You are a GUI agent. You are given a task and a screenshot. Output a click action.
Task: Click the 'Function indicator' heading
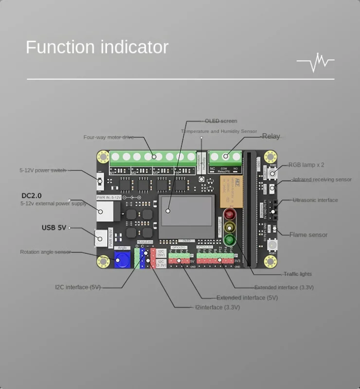click(97, 47)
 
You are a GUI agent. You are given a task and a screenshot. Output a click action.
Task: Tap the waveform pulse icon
click(315, 62)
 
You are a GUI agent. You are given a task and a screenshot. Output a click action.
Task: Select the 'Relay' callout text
click(271, 136)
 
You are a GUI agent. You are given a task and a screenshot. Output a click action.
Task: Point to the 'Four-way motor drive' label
click(108, 137)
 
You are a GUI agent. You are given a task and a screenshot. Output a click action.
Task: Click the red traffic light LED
click(229, 215)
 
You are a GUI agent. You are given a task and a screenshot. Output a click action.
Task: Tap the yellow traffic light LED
click(229, 227)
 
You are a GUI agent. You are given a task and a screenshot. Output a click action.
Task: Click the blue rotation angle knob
click(122, 260)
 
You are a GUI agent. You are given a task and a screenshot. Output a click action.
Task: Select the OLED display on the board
click(187, 211)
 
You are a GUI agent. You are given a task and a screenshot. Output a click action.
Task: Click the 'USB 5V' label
click(54, 227)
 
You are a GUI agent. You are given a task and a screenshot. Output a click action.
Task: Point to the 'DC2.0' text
click(31, 195)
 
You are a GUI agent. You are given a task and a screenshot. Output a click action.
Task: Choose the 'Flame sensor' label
click(308, 235)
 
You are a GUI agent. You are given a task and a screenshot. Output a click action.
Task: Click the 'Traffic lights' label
click(297, 274)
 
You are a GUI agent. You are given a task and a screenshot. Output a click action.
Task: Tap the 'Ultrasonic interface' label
click(315, 200)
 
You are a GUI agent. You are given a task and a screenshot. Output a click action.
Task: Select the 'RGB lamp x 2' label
click(306, 165)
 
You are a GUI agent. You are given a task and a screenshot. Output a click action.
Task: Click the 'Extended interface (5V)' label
click(247, 298)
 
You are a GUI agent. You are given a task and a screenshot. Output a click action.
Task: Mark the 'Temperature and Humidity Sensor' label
click(219, 131)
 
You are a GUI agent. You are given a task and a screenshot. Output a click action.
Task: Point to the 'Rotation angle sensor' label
click(45, 252)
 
